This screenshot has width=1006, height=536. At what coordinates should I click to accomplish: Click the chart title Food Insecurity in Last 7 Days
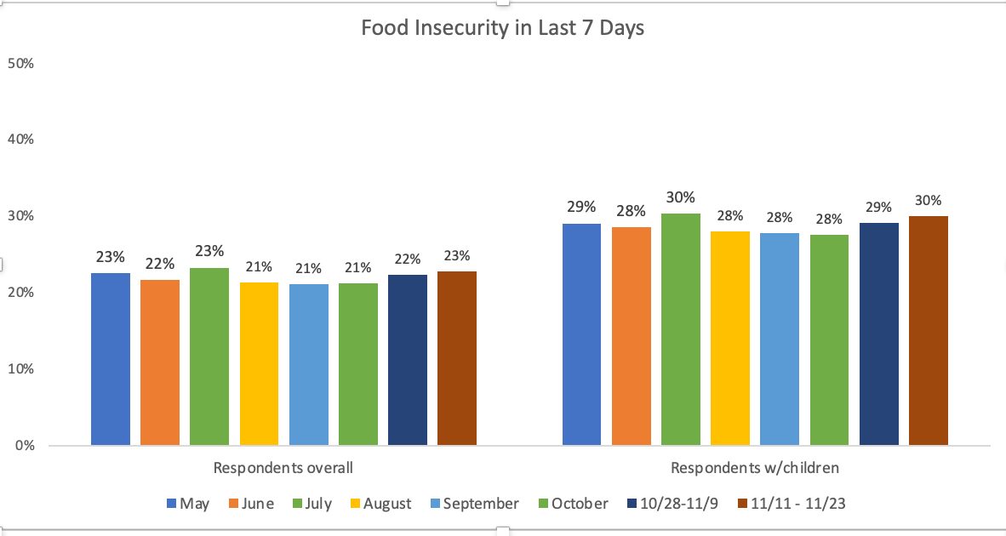tap(502, 28)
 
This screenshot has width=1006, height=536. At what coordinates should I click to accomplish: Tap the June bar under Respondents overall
tap(160, 362)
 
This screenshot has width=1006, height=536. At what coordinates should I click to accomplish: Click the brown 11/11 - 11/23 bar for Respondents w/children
tap(929, 331)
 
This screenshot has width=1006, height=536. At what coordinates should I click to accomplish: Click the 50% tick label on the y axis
tap(20, 63)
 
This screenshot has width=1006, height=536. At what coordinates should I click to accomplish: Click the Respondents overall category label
tap(283, 468)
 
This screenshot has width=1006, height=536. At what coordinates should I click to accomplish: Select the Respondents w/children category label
tap(755, 468)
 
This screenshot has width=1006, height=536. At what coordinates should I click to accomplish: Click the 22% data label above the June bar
tap(160, 263)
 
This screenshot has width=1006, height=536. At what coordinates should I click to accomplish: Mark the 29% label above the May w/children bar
tap(581, 207)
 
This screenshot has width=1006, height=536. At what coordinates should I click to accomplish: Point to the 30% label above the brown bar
tap(929, 201)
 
